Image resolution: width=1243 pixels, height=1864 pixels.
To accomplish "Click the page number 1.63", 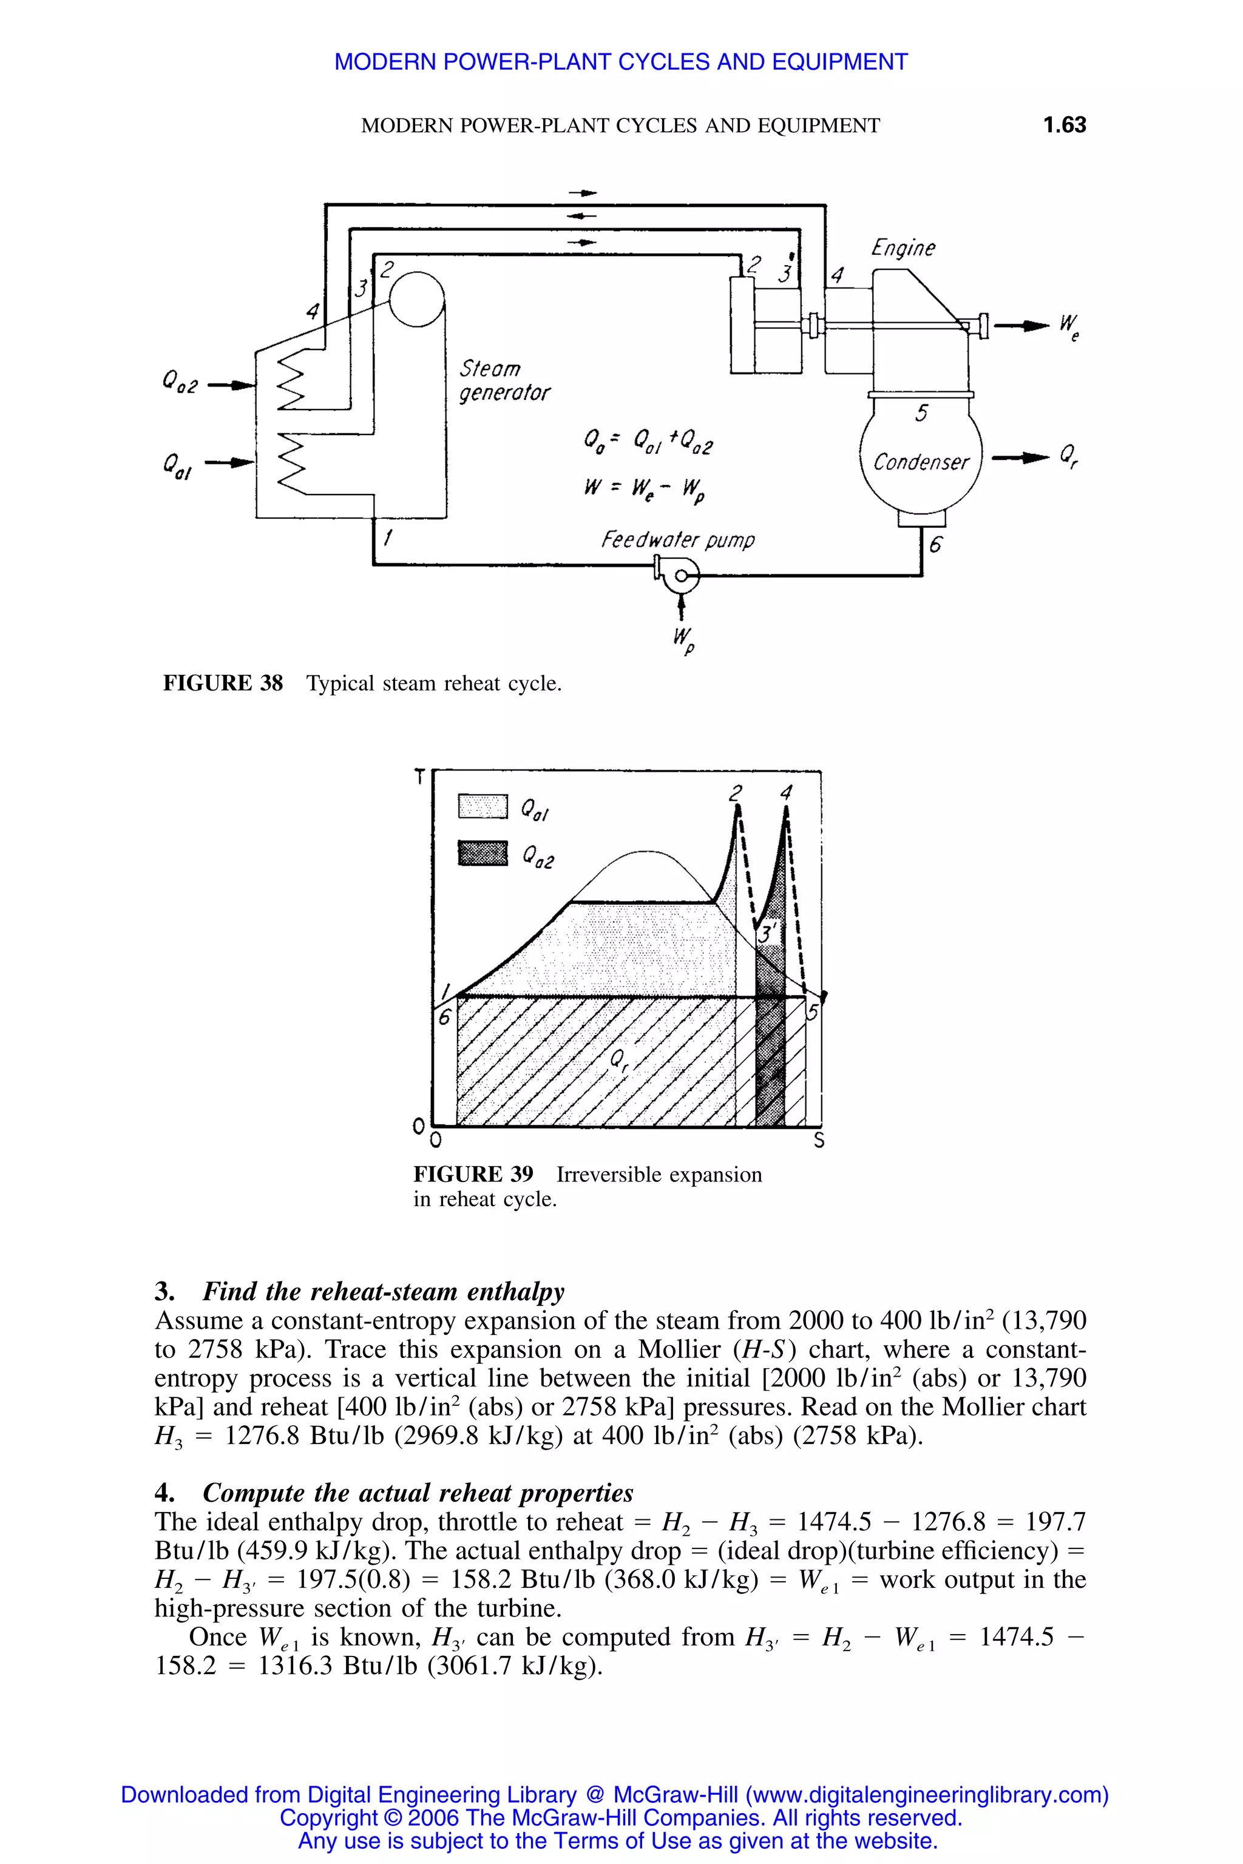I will [1064, 125].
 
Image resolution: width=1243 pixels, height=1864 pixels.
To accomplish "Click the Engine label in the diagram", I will [903, 249].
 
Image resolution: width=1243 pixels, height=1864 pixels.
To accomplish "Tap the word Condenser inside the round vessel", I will [920, 462].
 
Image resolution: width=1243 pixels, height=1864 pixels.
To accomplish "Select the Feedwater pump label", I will [678, 541].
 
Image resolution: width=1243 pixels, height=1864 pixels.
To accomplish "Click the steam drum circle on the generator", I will [417, 298].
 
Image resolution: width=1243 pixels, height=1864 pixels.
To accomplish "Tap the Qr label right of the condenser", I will [1069, 456].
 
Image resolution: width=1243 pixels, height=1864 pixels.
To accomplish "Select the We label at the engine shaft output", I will [1069, 326].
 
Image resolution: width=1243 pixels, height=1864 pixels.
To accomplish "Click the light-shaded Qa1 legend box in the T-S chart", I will [482, 808].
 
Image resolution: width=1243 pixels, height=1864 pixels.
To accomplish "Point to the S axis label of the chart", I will [820, 1141].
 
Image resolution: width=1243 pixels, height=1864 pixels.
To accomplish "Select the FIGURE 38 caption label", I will [223, 684].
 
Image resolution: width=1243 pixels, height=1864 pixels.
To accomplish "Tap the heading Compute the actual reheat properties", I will [418, 1493].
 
